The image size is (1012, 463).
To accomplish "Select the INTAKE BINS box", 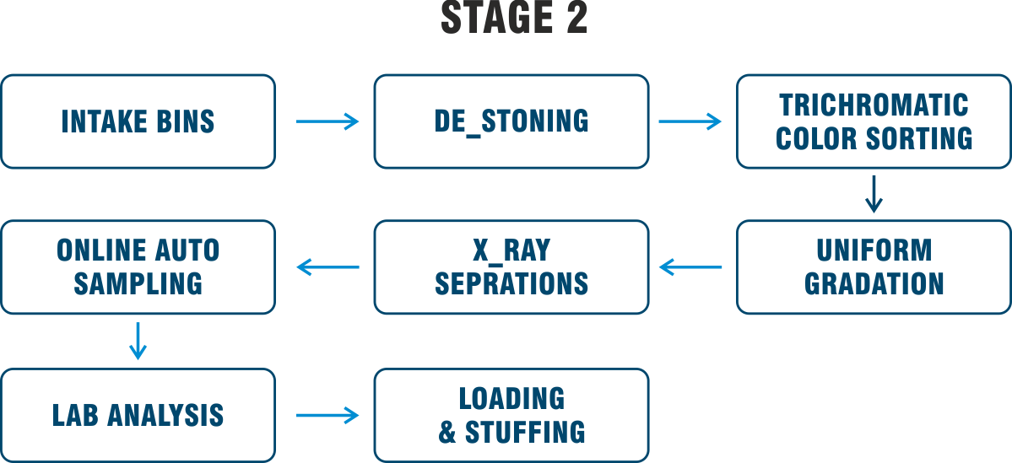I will pyautogui.click(x=138, y=121).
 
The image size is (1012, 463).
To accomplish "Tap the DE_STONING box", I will pyautogui.click(x=511, y=121).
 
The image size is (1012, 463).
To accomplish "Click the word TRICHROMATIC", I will pyautogui.click(x=874, y=105).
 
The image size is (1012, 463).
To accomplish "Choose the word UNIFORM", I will pyautogui.click(x=874, y=250).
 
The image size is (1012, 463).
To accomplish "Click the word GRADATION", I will pyautogui.click(x=874, y=283).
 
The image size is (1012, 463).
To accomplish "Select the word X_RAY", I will pyautogui.click(x=511, y=250).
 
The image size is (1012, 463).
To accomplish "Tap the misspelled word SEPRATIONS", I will pyautogui.click(x=511, y=283).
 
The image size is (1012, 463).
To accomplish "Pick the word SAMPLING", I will pyautogui.click(x=138, y=283).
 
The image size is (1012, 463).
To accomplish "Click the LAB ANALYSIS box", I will pyautogui.click(x=138, y=415).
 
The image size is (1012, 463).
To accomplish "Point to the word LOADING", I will pyautogui.click(x=511, y=398).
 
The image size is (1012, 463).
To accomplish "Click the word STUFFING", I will pyautogui.click(x=525, y=432).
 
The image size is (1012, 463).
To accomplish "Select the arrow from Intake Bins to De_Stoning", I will pyautogui.click(x=327, y=122).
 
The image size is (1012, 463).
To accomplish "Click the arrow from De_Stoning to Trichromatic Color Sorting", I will pyautogui.click(x=690, y=122).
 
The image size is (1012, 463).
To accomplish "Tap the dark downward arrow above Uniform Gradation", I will pyautogui.click(x=874, y=193).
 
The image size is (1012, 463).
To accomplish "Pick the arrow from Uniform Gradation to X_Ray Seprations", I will pyautogui.click(x=690, y=268).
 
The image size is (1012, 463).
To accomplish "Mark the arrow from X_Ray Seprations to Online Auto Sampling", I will pyautogui.click(x=327, y=268).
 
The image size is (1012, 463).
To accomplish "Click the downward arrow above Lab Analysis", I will pyautogui.click(x=138, y=339).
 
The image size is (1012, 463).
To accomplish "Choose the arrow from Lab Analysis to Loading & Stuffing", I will pyautogui.click(x=327, y=415).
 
